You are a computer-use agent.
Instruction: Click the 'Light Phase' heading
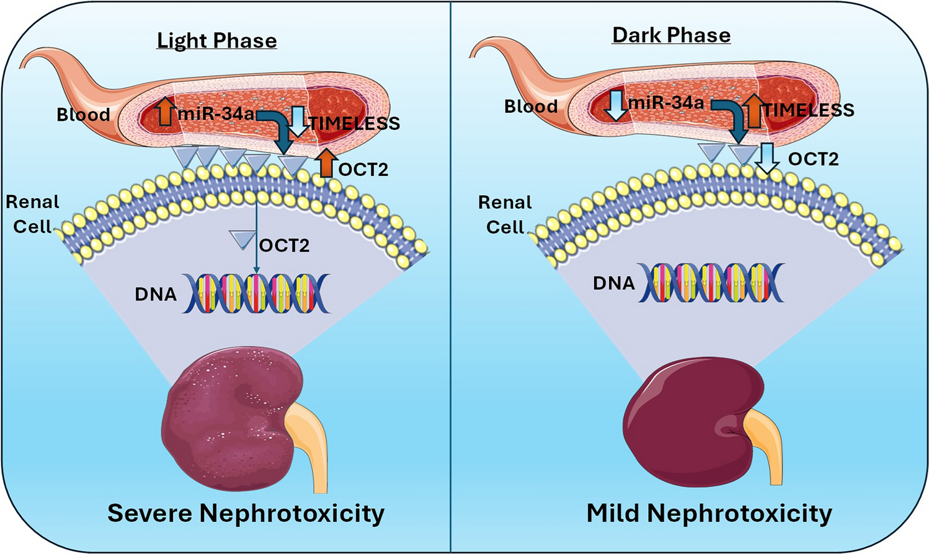[216, 41]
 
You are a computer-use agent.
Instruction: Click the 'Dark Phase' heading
[671, 35]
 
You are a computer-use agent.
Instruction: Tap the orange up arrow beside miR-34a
[165, 112]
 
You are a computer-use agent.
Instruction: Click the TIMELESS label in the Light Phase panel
[355, 124]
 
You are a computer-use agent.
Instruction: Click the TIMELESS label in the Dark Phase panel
[809, 110]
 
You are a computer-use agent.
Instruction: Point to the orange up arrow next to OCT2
[326, 163]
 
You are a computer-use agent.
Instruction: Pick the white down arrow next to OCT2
[768, 159]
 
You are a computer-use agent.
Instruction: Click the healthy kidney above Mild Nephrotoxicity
[691, 421]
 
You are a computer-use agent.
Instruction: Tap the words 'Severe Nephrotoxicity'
[246, 514]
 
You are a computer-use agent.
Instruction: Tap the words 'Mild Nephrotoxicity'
[709, 514]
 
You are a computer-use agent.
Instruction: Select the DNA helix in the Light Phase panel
[256, 293]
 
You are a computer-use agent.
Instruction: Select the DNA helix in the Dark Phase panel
[711, 283]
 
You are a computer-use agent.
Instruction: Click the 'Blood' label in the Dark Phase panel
[531, 107]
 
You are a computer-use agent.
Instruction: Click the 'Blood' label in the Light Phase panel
[83, 115]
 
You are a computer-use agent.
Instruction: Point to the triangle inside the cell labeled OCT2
[241, 239]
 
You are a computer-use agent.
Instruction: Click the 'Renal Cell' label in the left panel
[32, 214]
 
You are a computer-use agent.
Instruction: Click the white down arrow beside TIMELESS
[299, 120]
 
